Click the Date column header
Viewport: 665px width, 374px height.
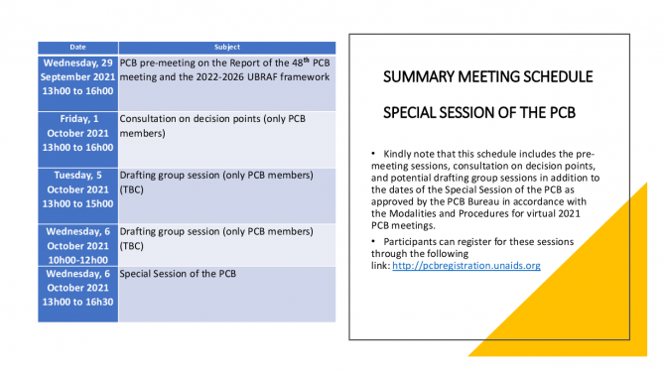pyautogui.click(x=77, y=47)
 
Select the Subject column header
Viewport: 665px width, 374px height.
pyautogui.click(x=227, y=47)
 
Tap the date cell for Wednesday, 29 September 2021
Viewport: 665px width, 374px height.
pyautogui.click(x=77, y=83)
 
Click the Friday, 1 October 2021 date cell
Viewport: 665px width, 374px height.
pyautogui.click(x=77, y=140)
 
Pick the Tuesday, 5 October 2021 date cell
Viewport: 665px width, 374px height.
pyautogui.click(x=77, y=195)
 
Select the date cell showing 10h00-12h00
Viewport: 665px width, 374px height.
pyautogui.click(x=77, y=245)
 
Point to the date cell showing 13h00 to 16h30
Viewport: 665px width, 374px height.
pyautogui.click(x=77, y=295)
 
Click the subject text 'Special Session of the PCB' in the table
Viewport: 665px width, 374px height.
pyautogui.click(x=178, y=274)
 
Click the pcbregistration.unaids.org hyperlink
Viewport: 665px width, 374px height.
pyautogui.click(x=466, y=266)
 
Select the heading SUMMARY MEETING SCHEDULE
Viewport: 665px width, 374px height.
pyautogui.click(x=487, y=76)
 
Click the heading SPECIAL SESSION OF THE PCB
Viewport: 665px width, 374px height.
pyautogui.click(x=479, y=113)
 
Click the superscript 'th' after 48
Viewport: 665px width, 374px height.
pyautogui.click(x=307, y=60)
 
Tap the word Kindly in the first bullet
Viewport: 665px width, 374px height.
pyautogui.click(x=397, y=154)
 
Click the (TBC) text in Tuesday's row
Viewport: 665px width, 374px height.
pyautogui.click(x=131, y=189)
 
